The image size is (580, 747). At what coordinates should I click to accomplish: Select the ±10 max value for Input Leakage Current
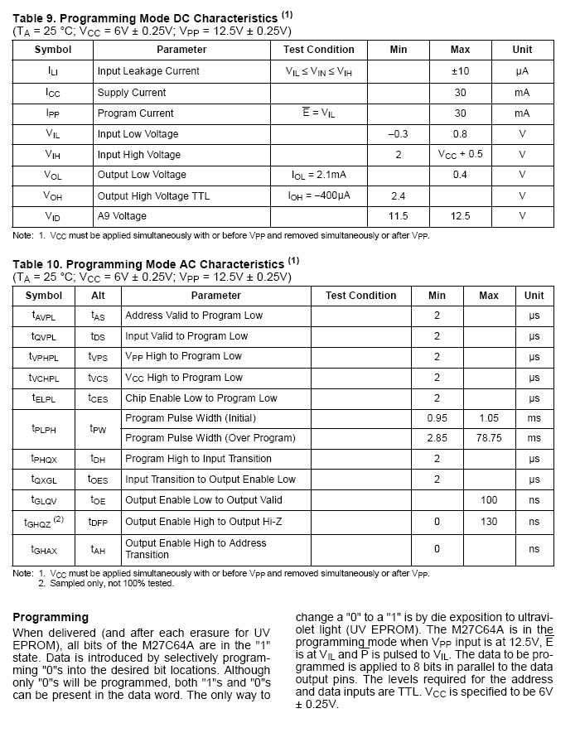click(460, 71)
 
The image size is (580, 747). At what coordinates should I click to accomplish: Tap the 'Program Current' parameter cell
click(136, 113)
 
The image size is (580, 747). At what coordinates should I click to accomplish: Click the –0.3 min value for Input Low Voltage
click(399, 134)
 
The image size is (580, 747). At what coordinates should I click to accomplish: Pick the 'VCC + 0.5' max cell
click(460, 154)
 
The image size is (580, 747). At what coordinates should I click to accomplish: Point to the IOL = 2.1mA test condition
click(319, 176)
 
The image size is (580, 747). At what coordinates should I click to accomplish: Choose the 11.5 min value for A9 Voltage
click(399, 216)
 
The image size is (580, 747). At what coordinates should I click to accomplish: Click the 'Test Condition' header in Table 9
click(319, 50)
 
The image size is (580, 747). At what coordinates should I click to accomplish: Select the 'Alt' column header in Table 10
click(98, 296)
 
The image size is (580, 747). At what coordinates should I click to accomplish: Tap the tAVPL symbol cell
click(44, 316)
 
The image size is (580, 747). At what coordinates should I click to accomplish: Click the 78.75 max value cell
click(489, 438)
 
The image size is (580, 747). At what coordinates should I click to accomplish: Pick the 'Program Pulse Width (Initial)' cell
click(191, 418)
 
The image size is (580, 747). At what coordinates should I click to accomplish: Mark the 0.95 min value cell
click(437, 418)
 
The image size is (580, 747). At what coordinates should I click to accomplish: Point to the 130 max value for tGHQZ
click(489, 522)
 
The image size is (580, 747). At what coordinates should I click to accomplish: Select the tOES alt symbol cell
click(98, 480)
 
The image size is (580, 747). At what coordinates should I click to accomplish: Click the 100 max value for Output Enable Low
click(489, 500)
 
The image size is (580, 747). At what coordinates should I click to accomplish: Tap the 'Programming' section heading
click(51, 617)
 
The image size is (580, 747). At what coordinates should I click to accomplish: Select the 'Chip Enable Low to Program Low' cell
click(201, 398)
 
